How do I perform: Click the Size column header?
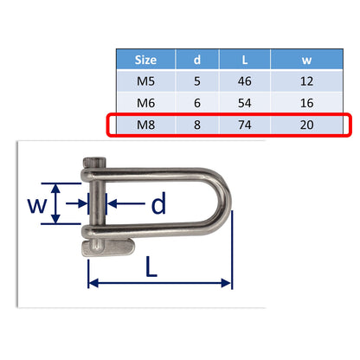[x=146, y=61]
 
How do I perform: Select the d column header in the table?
[x=197, y=61]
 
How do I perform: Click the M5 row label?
[x=146, y=82]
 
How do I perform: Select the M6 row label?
[x=146, y=103]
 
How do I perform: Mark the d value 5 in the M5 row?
[x=197, y=82]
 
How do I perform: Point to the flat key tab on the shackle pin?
[x=107, y=249]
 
